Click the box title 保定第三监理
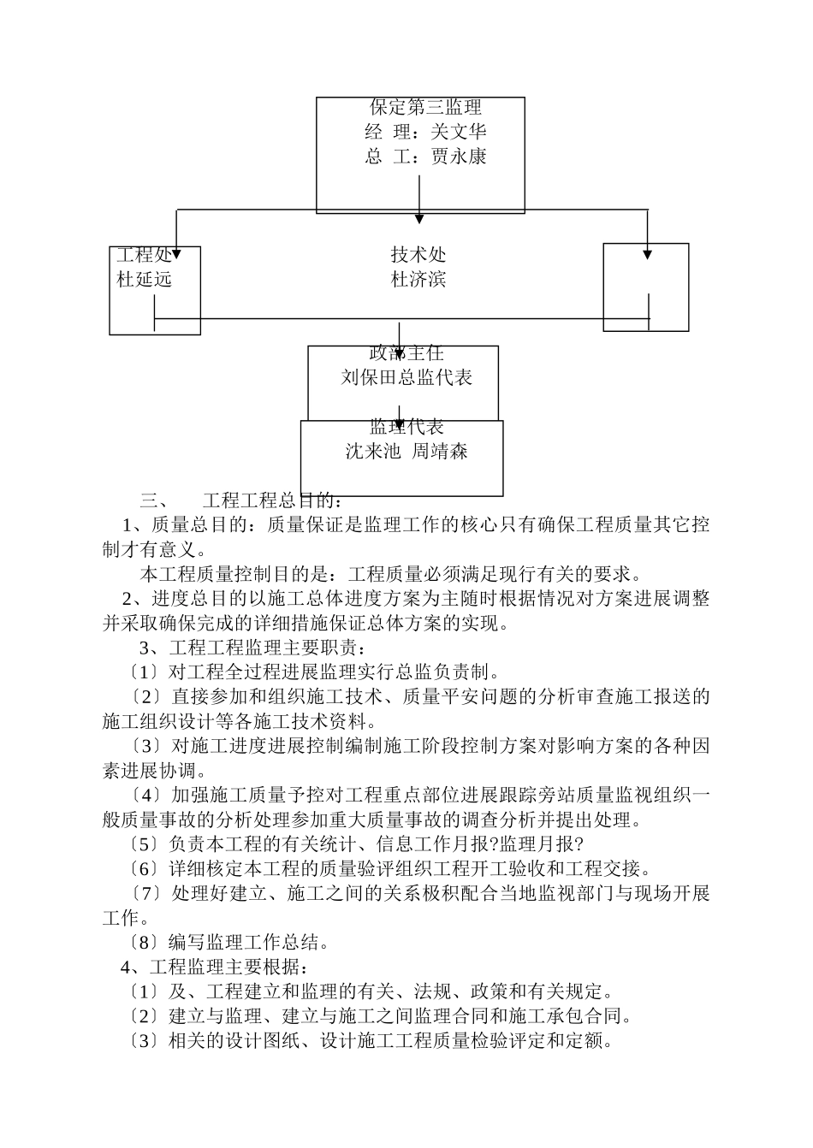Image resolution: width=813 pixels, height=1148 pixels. tap(425, 107)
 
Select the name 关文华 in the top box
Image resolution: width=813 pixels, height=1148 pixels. tap(458, 132)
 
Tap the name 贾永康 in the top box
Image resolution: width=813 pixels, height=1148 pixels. tap(458, 157)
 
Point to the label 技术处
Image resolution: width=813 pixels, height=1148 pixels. tap(418, 255)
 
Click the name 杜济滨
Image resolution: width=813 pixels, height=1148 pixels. tap(418, 279)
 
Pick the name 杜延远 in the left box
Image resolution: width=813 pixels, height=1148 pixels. tap(145, 279)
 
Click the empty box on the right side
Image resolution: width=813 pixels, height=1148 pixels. tap(645, 287)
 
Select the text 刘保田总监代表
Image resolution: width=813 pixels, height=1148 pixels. tap(406, 377)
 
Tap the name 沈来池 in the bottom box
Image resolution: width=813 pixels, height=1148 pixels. tap(373, 452)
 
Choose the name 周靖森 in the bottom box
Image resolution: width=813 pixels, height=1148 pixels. tap(440, 452)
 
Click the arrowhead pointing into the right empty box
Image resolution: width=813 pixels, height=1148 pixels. tap(647, 253)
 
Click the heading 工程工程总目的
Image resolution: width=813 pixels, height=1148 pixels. tap(271, 500)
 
